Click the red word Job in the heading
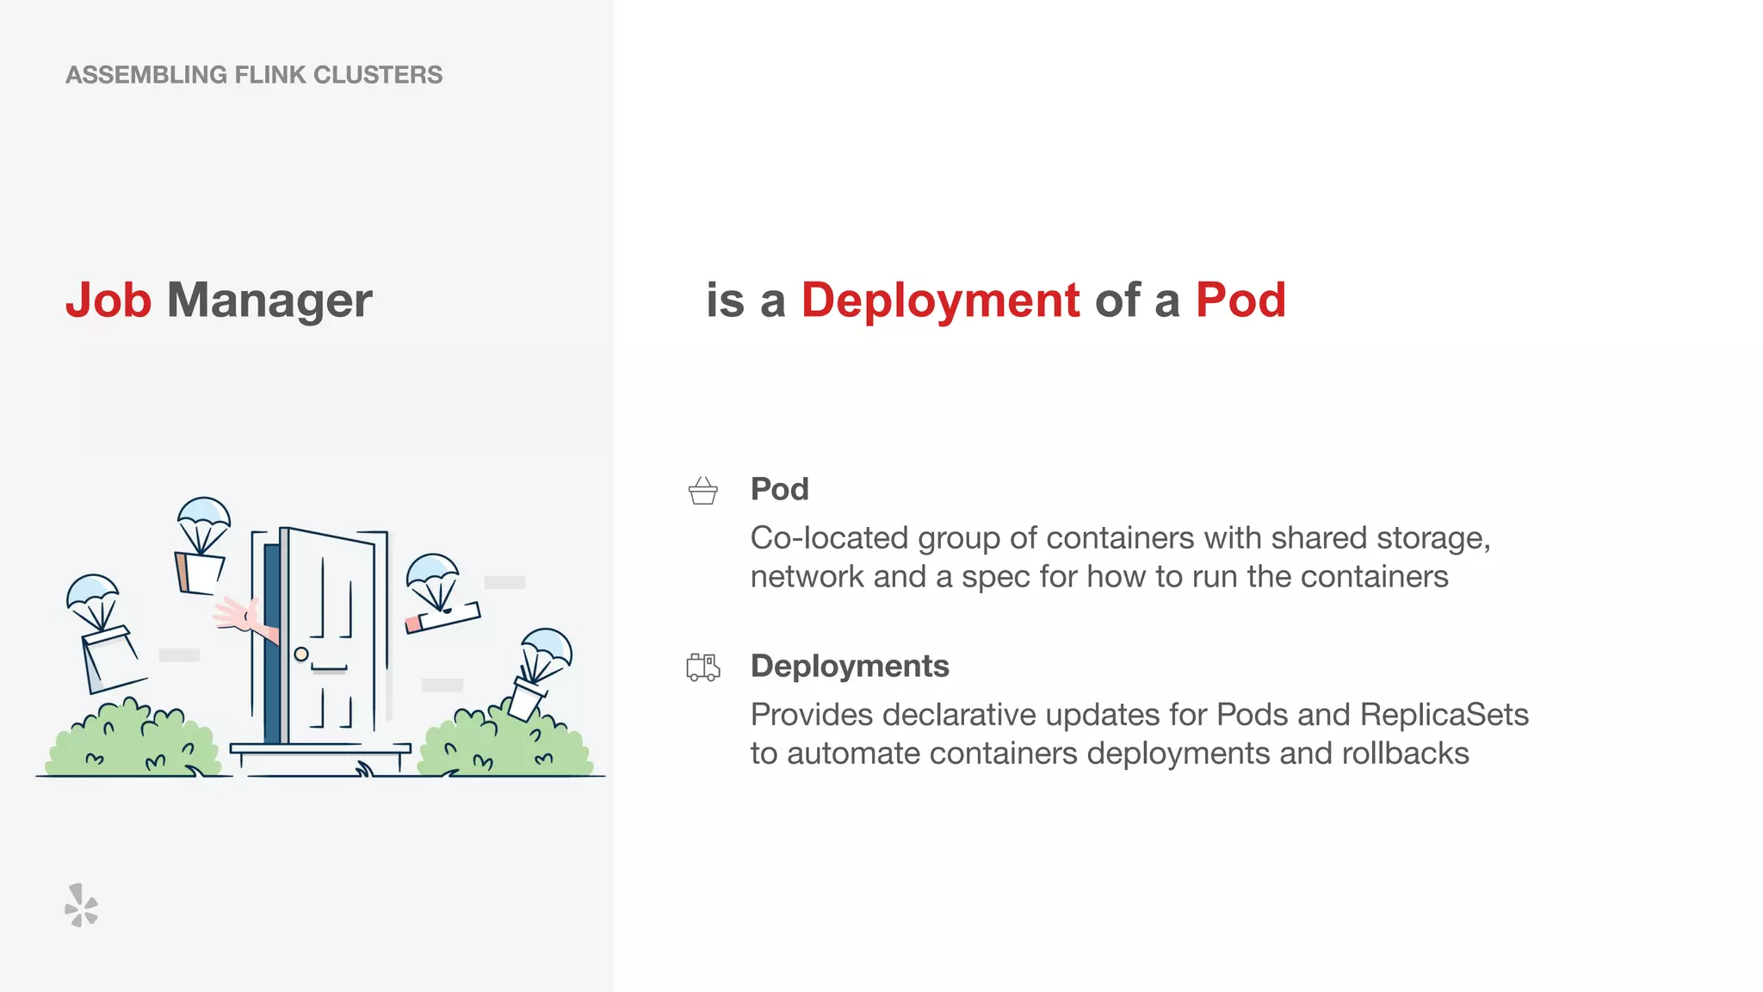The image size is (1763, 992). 108,301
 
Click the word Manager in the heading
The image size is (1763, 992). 269,301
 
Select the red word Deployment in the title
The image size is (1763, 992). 940,301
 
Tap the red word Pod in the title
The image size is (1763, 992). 1240,301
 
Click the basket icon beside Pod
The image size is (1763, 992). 703,491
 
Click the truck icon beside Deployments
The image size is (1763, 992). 703,667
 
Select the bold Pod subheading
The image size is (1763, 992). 779,489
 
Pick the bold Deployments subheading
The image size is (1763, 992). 850,666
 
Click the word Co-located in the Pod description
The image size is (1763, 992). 829,538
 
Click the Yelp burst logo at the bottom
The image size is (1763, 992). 82,905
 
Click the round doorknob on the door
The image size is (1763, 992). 301,654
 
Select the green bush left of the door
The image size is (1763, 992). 133,742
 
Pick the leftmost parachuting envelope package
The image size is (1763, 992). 110,660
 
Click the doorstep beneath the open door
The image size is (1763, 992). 320,752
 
